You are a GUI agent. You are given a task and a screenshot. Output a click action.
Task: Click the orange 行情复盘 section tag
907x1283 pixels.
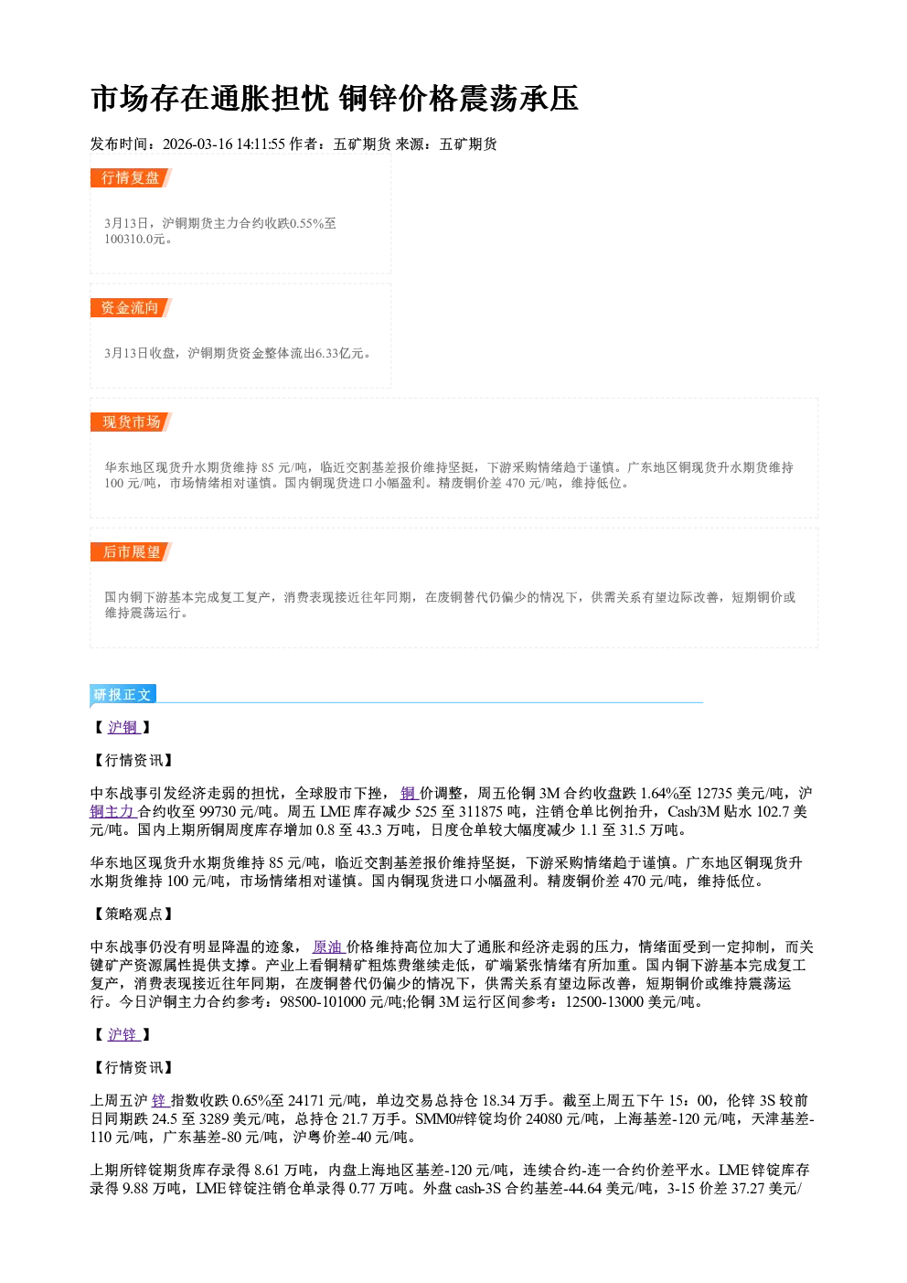(x=131, y=177)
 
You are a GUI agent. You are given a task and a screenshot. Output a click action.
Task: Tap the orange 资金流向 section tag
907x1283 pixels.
(x=131, y=307)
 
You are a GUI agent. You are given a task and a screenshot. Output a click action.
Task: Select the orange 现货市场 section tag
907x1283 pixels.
(x=131, y=422)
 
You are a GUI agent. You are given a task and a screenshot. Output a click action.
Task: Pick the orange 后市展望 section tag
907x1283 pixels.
(x=131, y=552)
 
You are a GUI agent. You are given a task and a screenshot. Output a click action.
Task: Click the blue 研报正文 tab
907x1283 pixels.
(x=123, y=694)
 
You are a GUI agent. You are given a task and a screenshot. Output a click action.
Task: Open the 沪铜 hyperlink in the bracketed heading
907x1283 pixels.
(x=123, y=727)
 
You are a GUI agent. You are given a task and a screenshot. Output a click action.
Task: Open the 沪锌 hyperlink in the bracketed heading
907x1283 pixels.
(x=123, y=1034)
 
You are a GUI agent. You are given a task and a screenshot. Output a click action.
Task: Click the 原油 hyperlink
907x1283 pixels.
(x=328, y=946)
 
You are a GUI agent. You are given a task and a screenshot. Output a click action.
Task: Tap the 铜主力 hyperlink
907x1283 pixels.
(x=112, y=812)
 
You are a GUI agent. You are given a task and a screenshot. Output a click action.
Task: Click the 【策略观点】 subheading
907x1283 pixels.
(x=132, y=914)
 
